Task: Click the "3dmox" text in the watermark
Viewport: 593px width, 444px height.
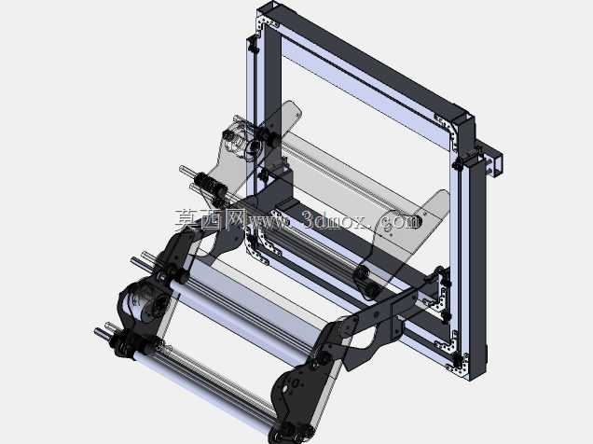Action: coord(335,220)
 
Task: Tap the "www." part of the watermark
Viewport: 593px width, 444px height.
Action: coord(269,222)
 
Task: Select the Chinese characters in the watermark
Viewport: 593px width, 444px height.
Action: coord(211,219)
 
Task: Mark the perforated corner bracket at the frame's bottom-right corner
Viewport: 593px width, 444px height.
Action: coord(459,362)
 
